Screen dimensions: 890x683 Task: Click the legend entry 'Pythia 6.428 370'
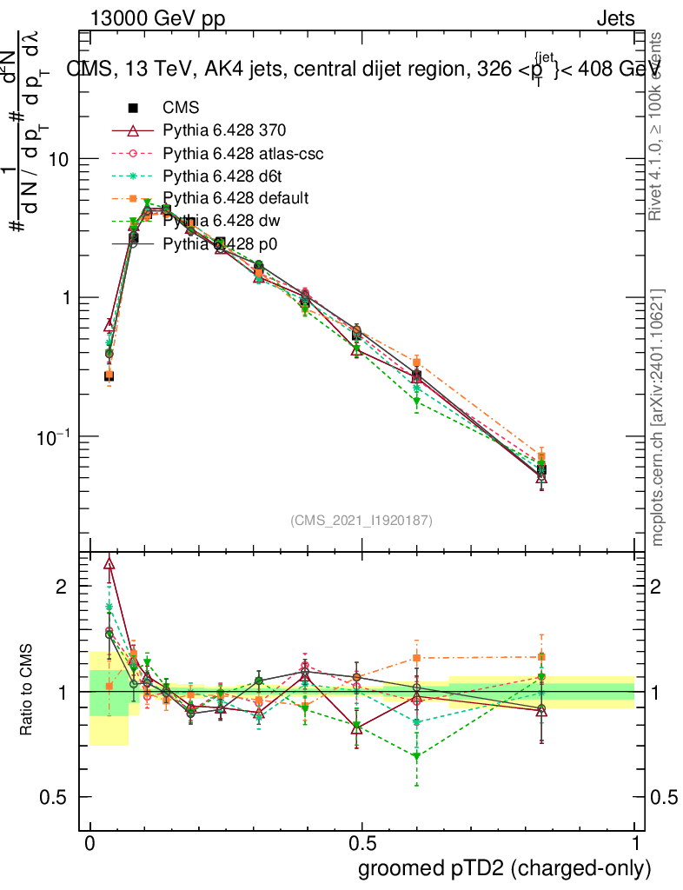[x=224, y=130]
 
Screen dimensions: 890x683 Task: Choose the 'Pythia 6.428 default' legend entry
[x=235, y=198]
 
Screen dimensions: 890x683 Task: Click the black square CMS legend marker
[x=133, y=108]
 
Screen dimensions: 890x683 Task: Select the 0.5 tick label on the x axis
[x=362, y=844]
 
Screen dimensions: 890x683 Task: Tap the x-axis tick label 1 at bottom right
[x=635, y=844]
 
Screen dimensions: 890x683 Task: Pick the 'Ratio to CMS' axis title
[x=27, y=691]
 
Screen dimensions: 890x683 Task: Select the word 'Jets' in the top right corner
[x=615, y=19]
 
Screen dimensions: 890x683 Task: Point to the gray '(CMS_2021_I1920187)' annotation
[x=361, y=520]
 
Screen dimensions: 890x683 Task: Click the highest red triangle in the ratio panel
[x=109, y=563]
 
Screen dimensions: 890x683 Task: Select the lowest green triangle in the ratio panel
[x=417, y=756]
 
